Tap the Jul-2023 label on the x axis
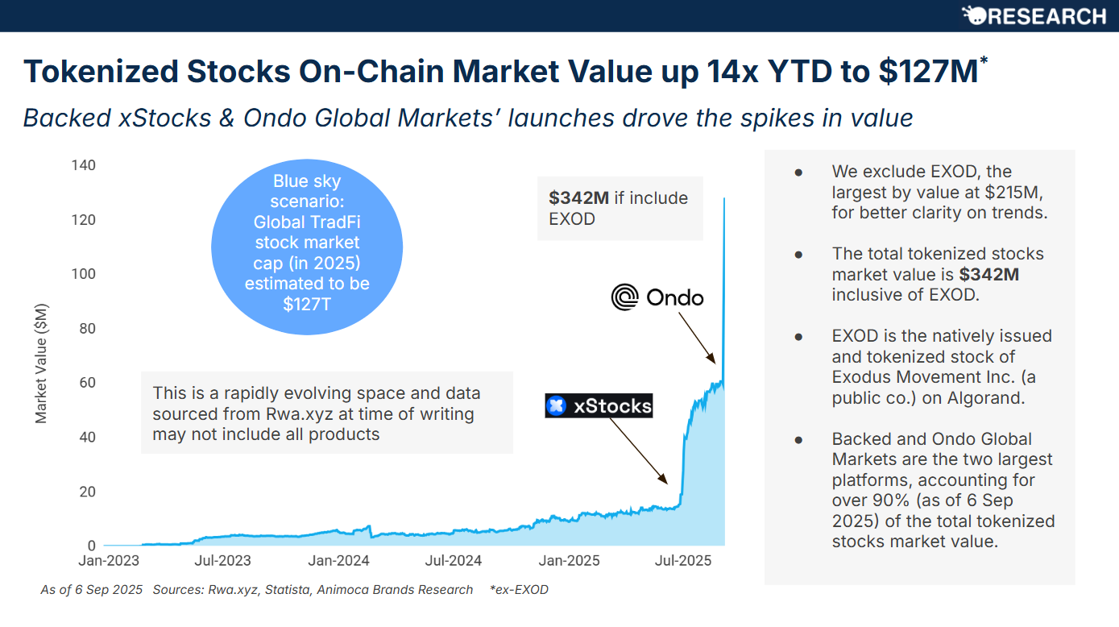[x=223, y=561]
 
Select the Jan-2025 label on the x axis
[x=569, y=561]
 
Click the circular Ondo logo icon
[x=624, y=297]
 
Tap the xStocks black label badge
[x=599, y=406]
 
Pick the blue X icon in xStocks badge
[x=556, y=406]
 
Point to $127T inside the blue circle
[x=307, y=305]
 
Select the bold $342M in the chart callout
[x=578, y=198]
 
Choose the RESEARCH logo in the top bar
[x=1034, y=16]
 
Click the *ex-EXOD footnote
[x=519, y=590]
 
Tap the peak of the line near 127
[x=724, y=198]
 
